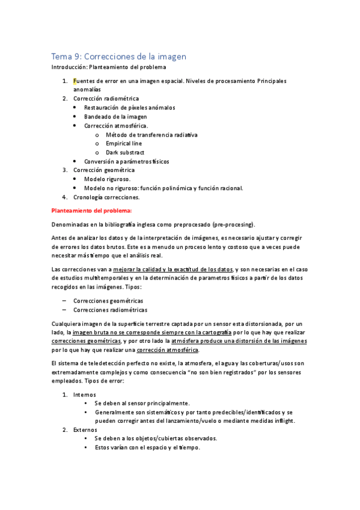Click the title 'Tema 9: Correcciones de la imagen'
click(x=118, y=56)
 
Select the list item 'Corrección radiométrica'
click(x=106, y=99)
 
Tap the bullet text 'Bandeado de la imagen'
click(x=115, y=117)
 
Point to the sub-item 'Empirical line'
click(x=124, y=144)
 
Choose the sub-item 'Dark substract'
click(x=125, y=153)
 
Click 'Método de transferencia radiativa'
click(x=151, y=135)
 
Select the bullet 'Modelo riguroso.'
click(x=107, y=179)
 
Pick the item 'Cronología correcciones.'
click(x=106, y=197)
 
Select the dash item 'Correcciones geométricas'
click(x=108, y=301)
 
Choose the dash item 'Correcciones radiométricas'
click(x=110, y=310)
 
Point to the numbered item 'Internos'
click(x=84, y=395)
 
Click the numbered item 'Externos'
click(x=85, y=430)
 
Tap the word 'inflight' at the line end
click(x=282, y=421)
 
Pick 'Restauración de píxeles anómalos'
click(x=130, y=108)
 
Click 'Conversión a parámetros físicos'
click(x=127, y=162)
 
